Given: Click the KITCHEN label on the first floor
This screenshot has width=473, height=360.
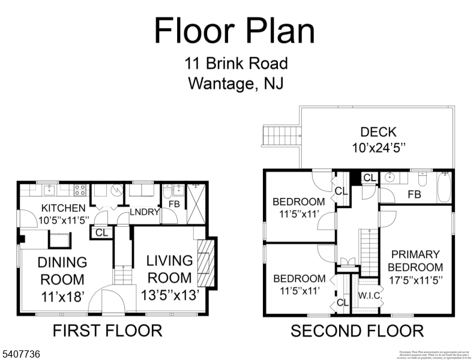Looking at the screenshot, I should pos(64,208).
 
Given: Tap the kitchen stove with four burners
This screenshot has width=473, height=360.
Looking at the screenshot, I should pos(79,190).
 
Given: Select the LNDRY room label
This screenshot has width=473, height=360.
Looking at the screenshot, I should pos(145,212).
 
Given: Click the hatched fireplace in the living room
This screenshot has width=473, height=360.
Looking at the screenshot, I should pos(205,262).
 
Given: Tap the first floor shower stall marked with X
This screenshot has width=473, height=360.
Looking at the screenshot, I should pos(196,203).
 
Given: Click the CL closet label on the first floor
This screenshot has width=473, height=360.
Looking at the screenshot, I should pos(100,232).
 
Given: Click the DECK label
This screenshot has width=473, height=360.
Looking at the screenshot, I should pos(378,132).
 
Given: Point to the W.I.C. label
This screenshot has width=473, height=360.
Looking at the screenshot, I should pos(367,295).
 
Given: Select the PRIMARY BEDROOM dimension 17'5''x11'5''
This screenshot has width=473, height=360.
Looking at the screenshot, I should pos(415,280).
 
